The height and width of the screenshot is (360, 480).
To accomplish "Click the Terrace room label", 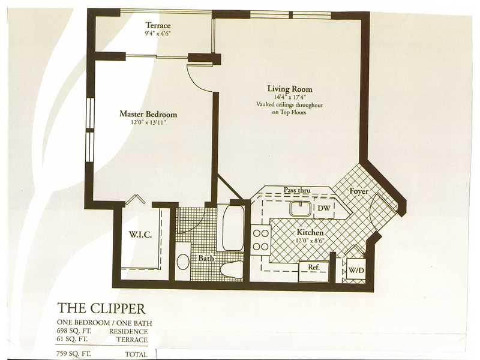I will click(158, 25).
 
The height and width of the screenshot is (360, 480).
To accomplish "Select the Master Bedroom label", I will click(148, 113).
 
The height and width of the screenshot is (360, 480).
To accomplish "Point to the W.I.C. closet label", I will click(140, 234).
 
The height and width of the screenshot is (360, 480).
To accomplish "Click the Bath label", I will click(206, 258).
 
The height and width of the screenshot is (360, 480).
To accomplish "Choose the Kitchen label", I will click(310, 232).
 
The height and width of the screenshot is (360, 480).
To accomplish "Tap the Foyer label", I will click(359, 191).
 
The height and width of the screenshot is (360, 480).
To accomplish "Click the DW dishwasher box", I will click(323, 208).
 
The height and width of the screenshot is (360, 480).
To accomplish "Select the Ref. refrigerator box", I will click(313, 267).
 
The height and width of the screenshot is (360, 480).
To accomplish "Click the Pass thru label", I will click(297, 190).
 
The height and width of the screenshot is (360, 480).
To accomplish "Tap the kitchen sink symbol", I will click(299, 208).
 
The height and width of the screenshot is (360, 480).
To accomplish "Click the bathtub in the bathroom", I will click(233, 228).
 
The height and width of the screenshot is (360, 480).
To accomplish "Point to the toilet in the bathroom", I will click(231, 269).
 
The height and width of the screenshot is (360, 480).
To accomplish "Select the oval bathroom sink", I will click(184, 262).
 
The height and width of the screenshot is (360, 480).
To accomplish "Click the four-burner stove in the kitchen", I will click(260, 238).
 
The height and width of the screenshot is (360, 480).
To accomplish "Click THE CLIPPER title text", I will click(101, 308).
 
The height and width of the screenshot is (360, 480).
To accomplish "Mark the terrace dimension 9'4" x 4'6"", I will click(158, 34).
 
